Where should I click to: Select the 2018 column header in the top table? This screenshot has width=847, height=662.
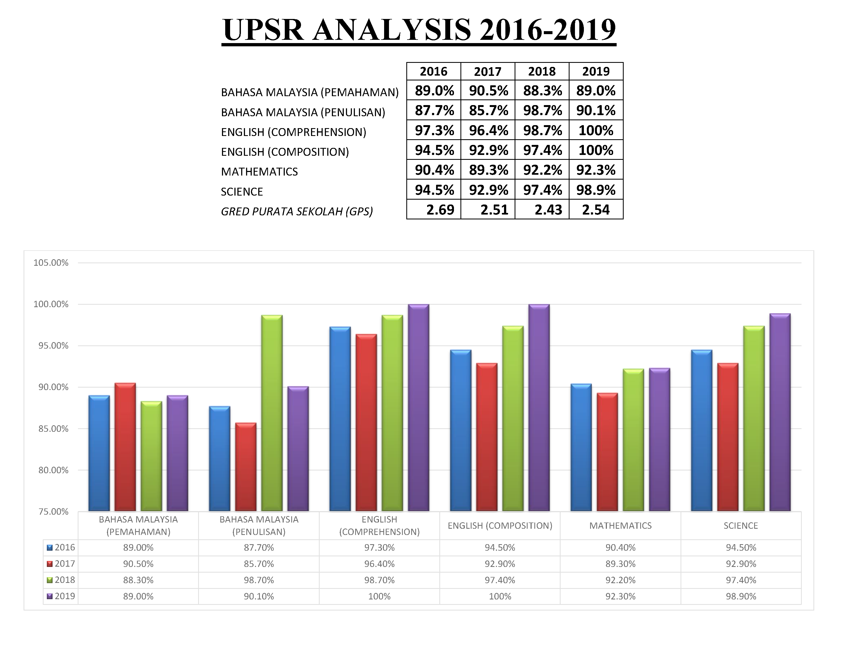click(x=542, y=72)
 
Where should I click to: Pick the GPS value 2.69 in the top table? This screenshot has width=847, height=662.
click(x=440, y=210)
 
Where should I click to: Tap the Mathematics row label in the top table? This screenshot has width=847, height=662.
click(x=259, y=171)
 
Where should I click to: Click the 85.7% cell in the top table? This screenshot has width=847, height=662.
click(x=488, y=111)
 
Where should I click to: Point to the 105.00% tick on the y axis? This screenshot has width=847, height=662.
click(x=51, y=263)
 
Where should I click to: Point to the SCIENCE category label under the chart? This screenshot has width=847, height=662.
click(x=740, y=526)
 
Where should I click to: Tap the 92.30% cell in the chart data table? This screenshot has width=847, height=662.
click(x=620, y=596)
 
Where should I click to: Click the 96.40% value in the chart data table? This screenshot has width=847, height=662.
click(x=379, y=564)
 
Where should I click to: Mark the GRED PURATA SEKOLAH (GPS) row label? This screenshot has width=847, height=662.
click(x=297, y=212)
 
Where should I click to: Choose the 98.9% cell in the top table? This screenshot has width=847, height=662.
click(x=596, y=190)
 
